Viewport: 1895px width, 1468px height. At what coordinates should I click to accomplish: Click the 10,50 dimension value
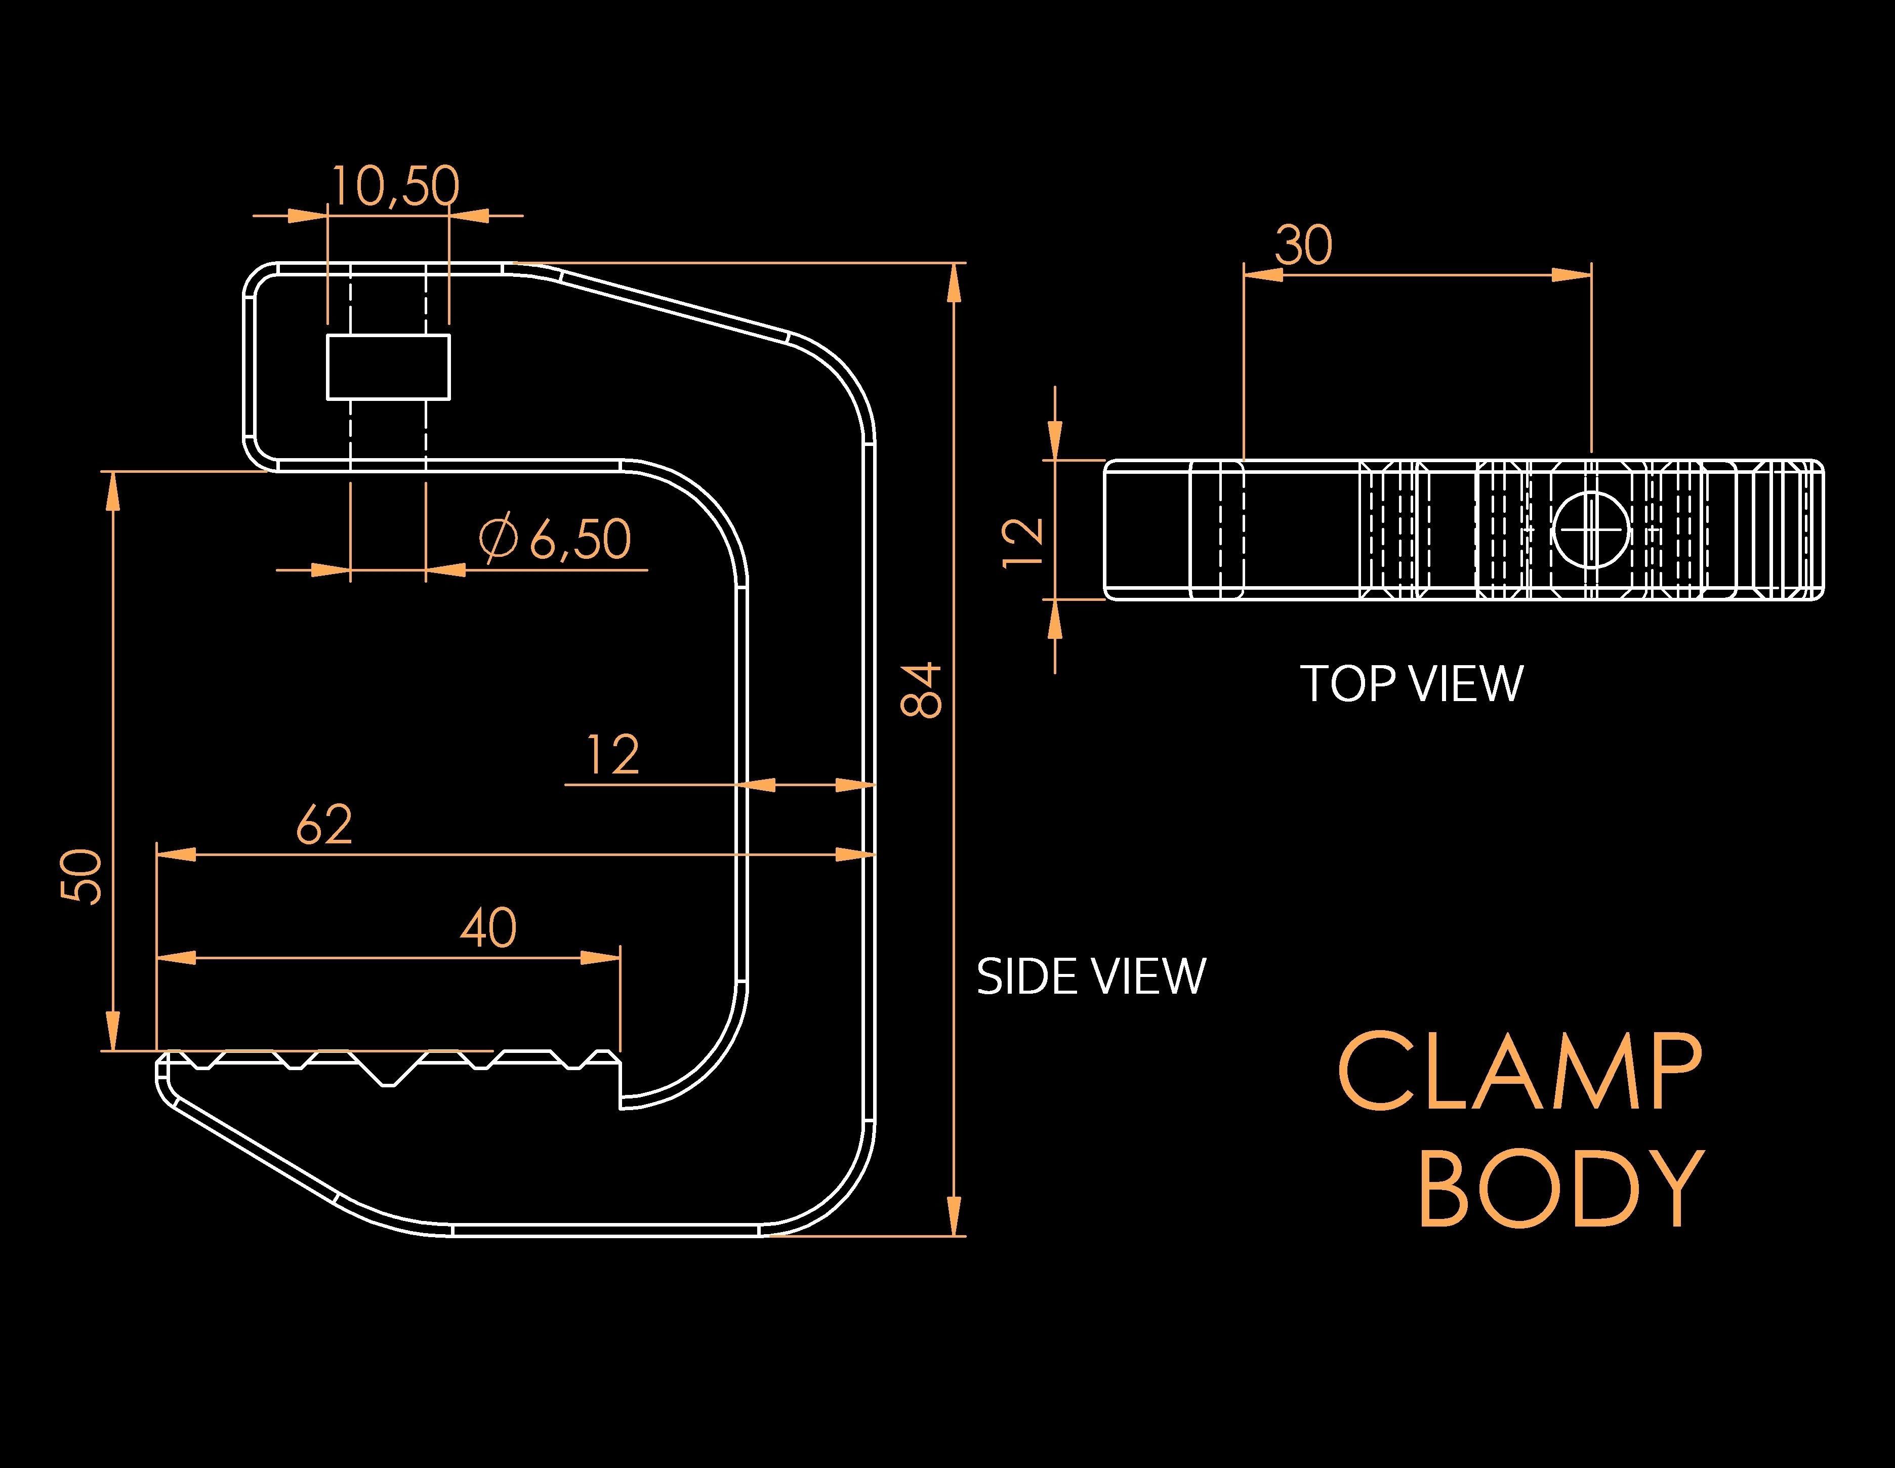click(395, 186)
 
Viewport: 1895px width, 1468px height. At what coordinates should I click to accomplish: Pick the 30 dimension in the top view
click(1303, 246)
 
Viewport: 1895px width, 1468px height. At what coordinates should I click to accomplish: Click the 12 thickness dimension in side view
click(612, 755)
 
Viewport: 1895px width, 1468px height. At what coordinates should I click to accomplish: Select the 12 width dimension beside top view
click(1024, 542)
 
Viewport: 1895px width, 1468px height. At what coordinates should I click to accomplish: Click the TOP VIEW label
click(1411, 684)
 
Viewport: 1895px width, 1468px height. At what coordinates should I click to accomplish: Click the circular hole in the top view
click(1591, 529)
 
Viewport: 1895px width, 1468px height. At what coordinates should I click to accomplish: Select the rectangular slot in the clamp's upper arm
click(388, 366)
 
